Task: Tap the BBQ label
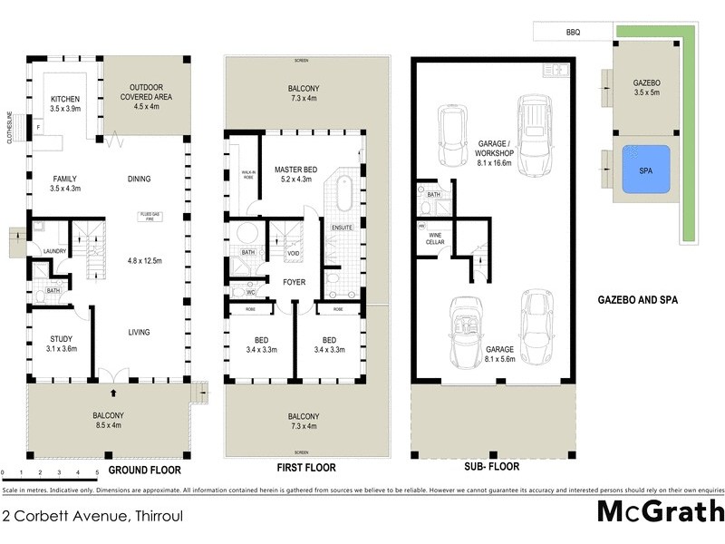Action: [573, 33]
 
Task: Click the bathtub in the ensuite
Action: [343, 193]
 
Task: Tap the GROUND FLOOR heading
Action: [144, 471]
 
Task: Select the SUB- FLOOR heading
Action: [492, 468]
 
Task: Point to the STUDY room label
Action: [60, 340]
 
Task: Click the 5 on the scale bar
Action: [97, 473]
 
